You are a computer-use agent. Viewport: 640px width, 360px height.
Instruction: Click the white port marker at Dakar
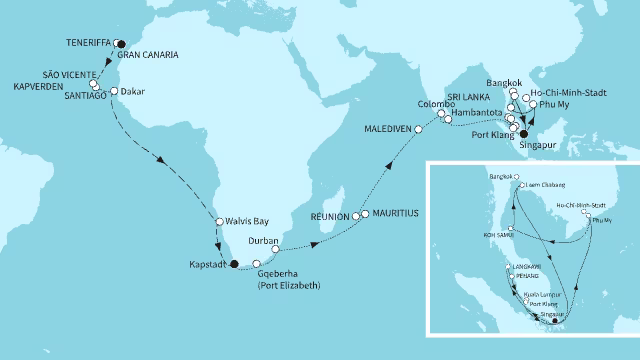pyautogui.click(x=115, y=92)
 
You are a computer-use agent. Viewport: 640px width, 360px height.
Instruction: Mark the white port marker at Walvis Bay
pyautogui.click(x=219, y=222)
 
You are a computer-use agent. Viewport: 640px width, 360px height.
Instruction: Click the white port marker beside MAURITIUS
pyautogui.click(x=365, y=214)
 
